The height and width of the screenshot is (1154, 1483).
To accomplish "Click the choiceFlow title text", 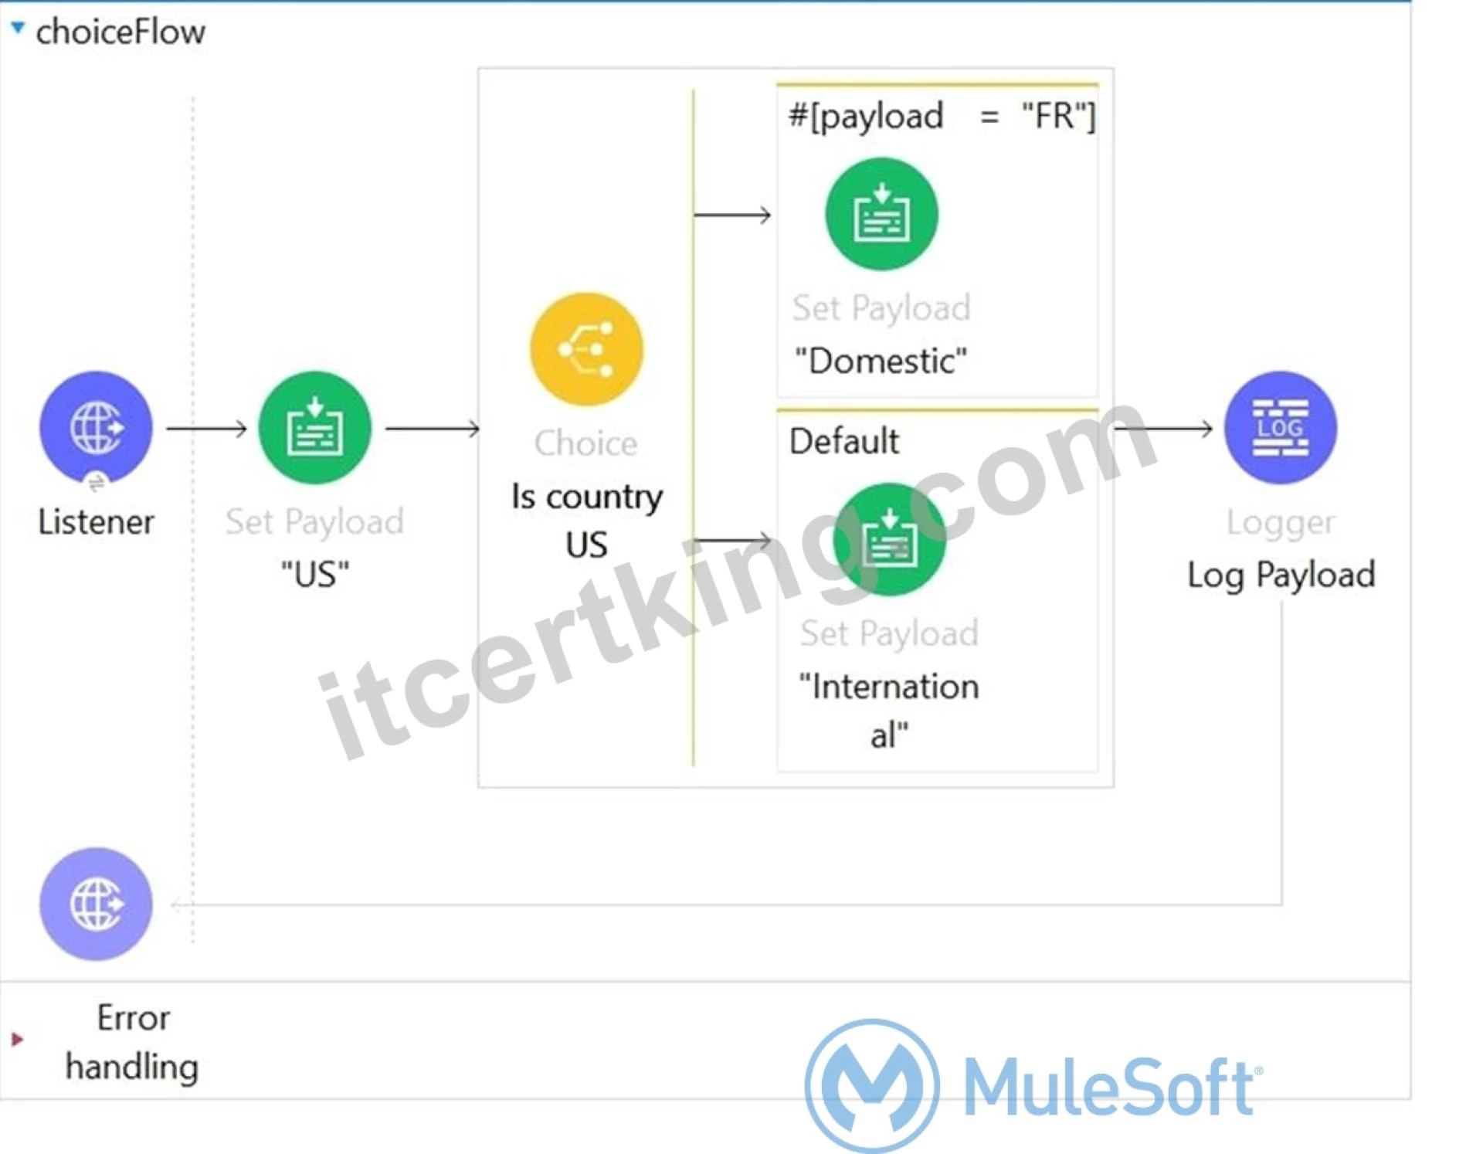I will click(120, 32).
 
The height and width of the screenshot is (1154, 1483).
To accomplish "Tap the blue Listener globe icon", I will click(96, 427).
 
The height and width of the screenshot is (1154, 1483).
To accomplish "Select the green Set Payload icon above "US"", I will click(314, 427).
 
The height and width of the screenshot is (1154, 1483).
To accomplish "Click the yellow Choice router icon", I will click(586, 349).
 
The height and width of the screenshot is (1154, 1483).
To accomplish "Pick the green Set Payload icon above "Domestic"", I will click(881, 214).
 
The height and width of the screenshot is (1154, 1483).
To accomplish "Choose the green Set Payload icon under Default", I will click(889, 539).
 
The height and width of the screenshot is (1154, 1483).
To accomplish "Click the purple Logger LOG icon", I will click(1280, 427).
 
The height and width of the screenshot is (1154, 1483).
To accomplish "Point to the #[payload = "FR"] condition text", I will click(942, 117).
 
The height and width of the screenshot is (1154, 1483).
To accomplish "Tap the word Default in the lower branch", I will click(843, 442).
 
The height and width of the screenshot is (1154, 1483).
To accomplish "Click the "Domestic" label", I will click(881, 361).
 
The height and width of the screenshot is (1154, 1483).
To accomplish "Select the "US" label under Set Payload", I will click(314, 575).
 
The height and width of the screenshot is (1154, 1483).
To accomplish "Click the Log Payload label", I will click(1281, 575).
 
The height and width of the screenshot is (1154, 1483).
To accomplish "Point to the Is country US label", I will click(586, 521).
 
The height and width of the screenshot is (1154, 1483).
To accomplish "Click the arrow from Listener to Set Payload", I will click(206, 427).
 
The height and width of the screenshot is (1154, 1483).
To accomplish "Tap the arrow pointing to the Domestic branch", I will click(732, 215).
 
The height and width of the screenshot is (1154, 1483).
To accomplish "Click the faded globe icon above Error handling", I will click(96, 904).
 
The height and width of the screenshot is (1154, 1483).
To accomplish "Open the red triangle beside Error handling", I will click(17, 1040).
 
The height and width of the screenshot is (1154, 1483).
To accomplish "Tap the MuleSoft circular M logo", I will click(872, 1085).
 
